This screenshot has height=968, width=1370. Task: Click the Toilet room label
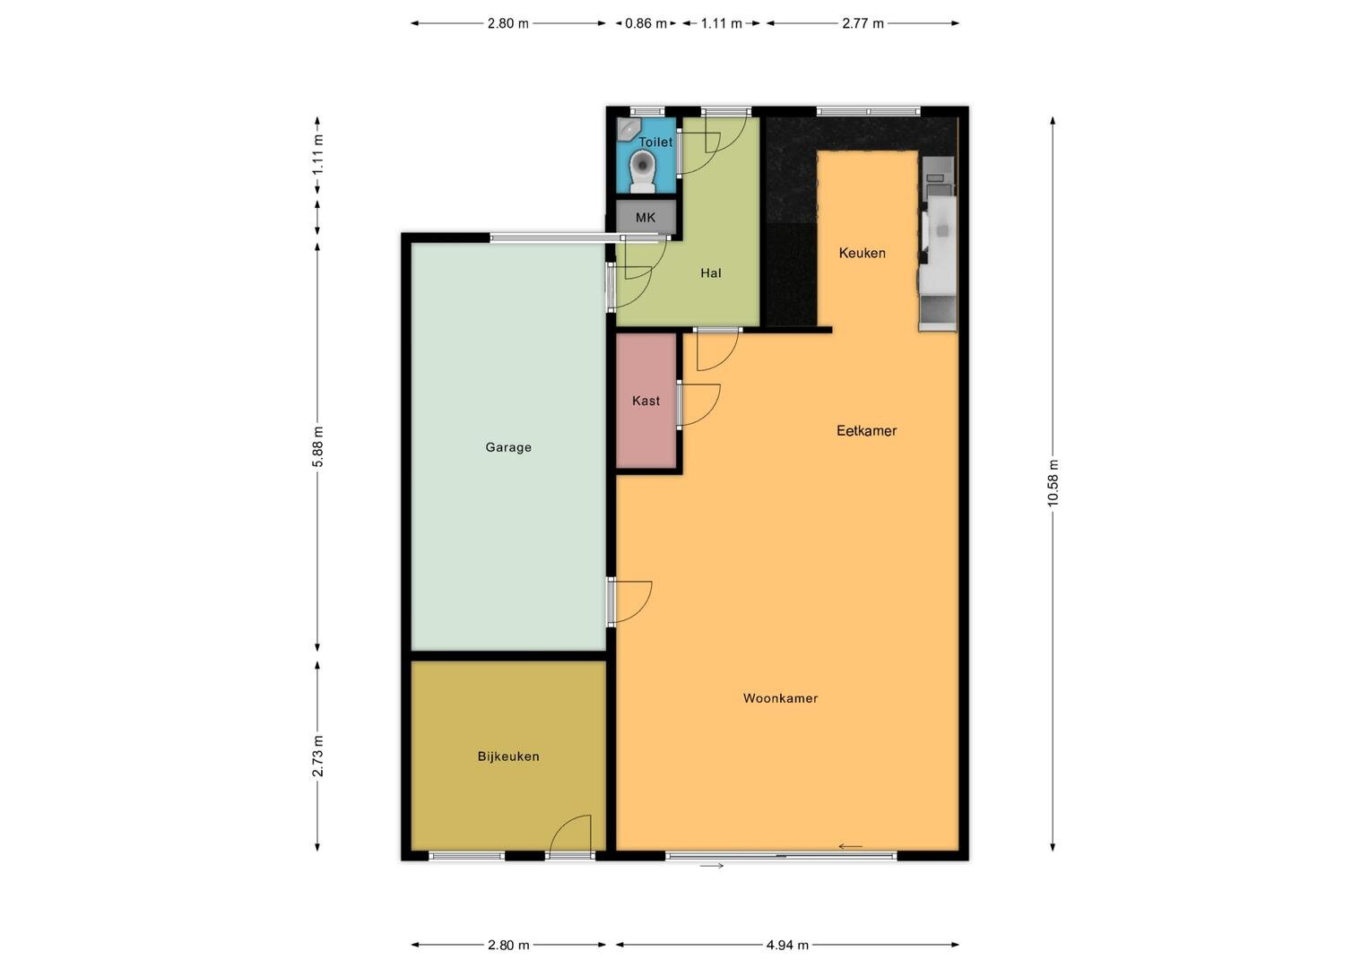[655, 142]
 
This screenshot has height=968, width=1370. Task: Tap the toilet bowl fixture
[643, 172]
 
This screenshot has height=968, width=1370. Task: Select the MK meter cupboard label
[646, 217]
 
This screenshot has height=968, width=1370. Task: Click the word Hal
[711, 272]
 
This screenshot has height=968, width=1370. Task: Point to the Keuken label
[862, 253]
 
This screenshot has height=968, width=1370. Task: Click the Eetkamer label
[866, 430]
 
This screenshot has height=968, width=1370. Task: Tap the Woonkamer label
[780, 698]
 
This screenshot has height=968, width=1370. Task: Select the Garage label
[508, 447]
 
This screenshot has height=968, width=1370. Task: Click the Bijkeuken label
[508, 756]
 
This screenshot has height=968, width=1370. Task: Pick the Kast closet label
[646, 401]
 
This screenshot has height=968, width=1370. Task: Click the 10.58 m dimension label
[1053, 483]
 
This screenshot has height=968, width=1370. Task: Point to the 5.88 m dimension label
[317, 446]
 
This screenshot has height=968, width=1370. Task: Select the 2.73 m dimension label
[317, 756]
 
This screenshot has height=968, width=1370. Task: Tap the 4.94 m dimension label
[787, 945]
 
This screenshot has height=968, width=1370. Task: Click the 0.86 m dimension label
[646, 23]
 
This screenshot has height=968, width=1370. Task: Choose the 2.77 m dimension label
[863, 23]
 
